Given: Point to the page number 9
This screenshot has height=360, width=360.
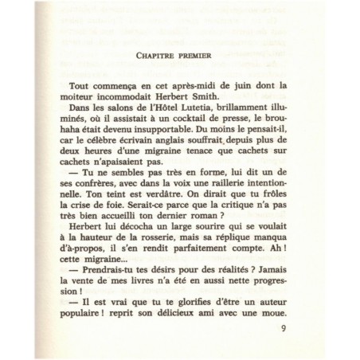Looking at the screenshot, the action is click(x=305, y=327).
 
